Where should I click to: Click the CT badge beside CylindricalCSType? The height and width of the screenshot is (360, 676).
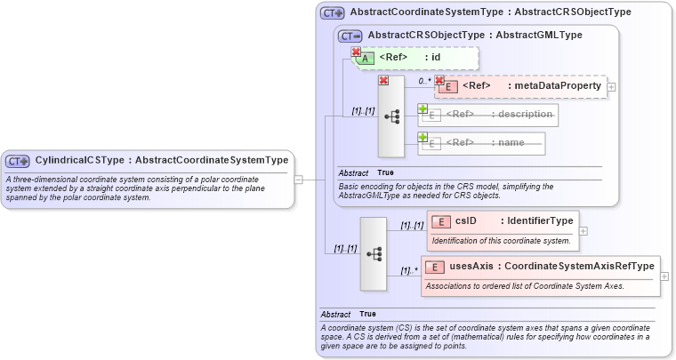pos(18,161)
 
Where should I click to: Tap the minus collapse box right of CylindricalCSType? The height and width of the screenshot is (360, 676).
pos(299,179)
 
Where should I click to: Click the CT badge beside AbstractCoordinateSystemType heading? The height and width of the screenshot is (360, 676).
pos(333,13)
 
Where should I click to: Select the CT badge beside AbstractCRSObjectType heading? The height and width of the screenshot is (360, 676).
pos(350,36)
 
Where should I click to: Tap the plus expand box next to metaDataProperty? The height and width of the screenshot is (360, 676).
pos(612,87)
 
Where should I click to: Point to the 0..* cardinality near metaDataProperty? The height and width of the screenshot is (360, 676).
pos(424,81)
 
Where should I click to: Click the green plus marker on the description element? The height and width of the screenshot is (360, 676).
pos(423,109)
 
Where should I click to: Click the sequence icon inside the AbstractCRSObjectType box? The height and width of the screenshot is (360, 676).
pos(391,116)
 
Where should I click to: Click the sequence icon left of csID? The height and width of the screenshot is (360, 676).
pos(374,253)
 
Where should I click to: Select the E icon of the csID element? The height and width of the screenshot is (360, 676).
pos(440,222)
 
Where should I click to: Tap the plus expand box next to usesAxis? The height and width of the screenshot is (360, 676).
pos(664,276)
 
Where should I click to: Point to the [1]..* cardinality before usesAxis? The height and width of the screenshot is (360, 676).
pos(409,270)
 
